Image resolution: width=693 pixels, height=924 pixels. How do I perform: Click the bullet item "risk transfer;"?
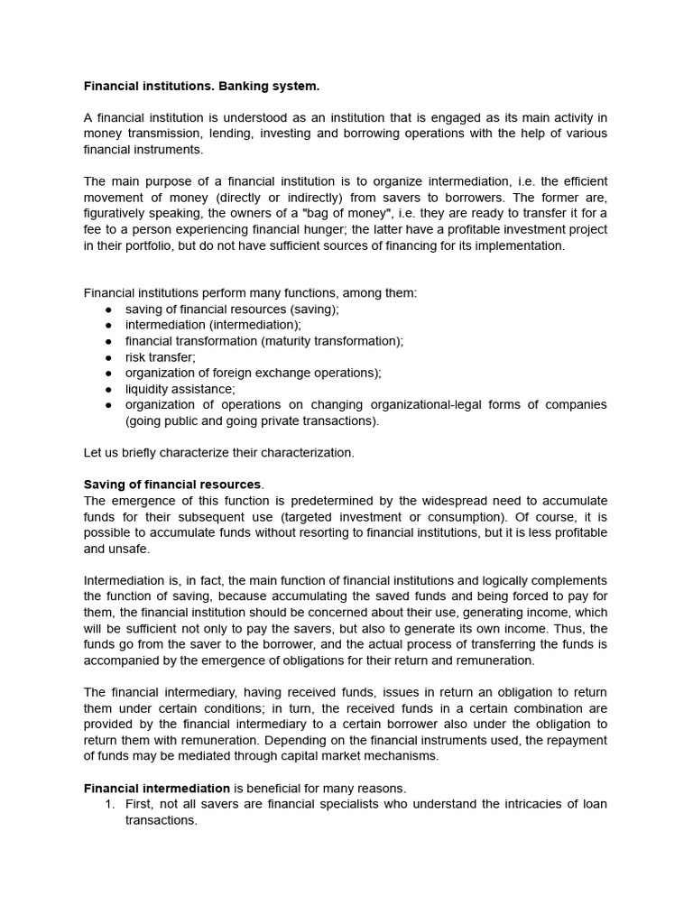pos(160,357)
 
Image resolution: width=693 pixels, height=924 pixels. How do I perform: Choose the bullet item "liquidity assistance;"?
pos(180,389)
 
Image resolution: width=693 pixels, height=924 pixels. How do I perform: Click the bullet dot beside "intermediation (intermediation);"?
pos(108,325)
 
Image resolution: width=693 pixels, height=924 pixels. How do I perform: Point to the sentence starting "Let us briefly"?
pos(218,453)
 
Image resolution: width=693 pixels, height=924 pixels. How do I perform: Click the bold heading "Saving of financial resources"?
pos(172,485)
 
